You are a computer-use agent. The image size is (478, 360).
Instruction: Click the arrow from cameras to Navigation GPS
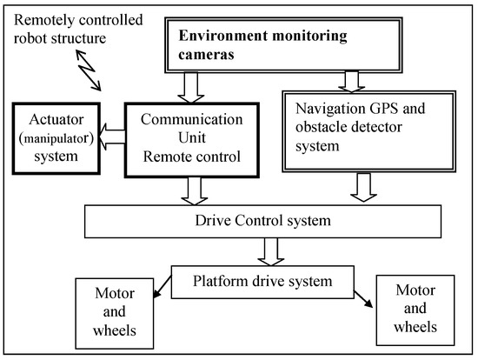coord(351,79)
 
